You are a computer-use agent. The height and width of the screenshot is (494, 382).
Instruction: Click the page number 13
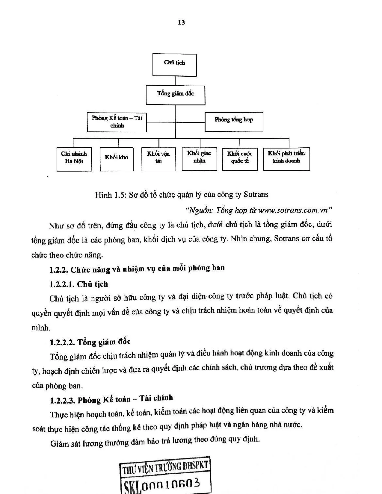click(x=181, y=22)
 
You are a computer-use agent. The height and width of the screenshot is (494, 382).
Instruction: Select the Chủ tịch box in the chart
click(x=174, y=65)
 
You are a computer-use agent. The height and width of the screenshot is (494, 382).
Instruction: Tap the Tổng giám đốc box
click(x=176, y=95)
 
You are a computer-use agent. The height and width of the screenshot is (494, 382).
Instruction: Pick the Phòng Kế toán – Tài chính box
click(x=117, y=122)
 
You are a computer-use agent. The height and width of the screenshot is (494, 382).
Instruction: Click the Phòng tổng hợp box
click(x=234, y=122)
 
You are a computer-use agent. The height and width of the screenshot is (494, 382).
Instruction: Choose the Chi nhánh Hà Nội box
click(x=74, y=159)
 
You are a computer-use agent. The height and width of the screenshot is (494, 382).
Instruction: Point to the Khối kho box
click(x=117, y=159)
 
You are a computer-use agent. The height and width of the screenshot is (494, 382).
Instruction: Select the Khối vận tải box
click(x=158, y=159)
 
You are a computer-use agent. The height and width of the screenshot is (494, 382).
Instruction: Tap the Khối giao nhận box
click(x=199, y=159)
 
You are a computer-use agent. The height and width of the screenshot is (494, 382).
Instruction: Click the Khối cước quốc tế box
click(x=240, y=159)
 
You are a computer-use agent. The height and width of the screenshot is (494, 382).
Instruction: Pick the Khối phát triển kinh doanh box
click(x=286, y=159)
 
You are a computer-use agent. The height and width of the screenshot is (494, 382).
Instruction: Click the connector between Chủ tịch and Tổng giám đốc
click(x=175, y=81)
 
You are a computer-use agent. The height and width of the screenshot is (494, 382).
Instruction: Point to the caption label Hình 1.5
click(x=111, y=195)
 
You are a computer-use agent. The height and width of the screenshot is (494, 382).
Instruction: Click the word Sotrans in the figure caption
click(x=256, y=194)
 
